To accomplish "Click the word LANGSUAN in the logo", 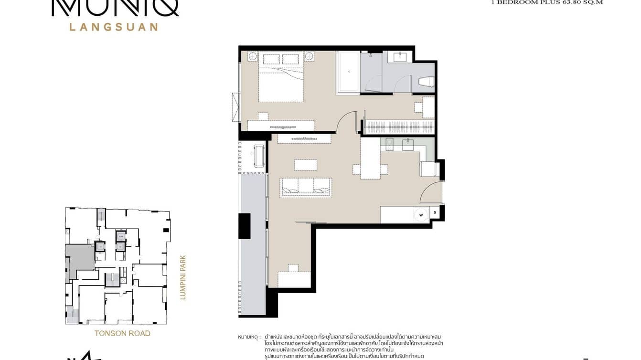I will [114, 27].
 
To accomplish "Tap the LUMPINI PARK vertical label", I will [182, 277].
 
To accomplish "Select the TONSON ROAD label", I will [122, 333].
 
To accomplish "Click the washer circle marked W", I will [421, 215].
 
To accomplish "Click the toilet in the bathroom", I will [426, 82].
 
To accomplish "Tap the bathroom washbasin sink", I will [400, 57].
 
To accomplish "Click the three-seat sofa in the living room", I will [306, 186].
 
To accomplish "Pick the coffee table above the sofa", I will [306, 165].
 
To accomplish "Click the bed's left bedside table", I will [252, 57].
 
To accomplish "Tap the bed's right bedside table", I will [309, 57].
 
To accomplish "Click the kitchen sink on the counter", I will [408, 145].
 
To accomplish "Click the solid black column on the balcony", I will [244, 226].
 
